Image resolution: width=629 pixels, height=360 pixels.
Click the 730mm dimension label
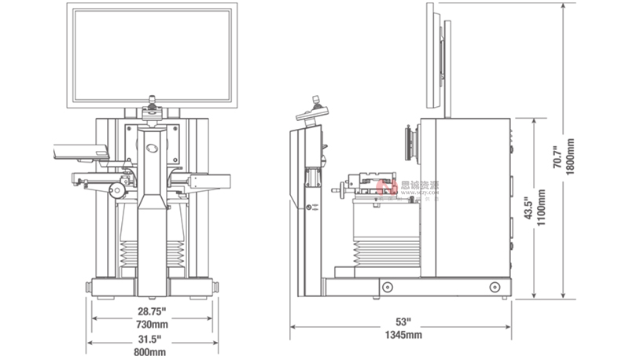pyautogui.click(x=152, y=324)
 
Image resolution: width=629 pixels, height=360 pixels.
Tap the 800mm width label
pyautogui.click(x=152, y=351)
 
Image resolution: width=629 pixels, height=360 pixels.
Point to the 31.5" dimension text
pyautogui.click(x=152, y=339)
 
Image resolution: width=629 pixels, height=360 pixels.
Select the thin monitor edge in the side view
pyautogui.click(x=432, y=55)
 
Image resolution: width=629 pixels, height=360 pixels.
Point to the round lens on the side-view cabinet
pyautogui.click(x=410, y=145)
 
